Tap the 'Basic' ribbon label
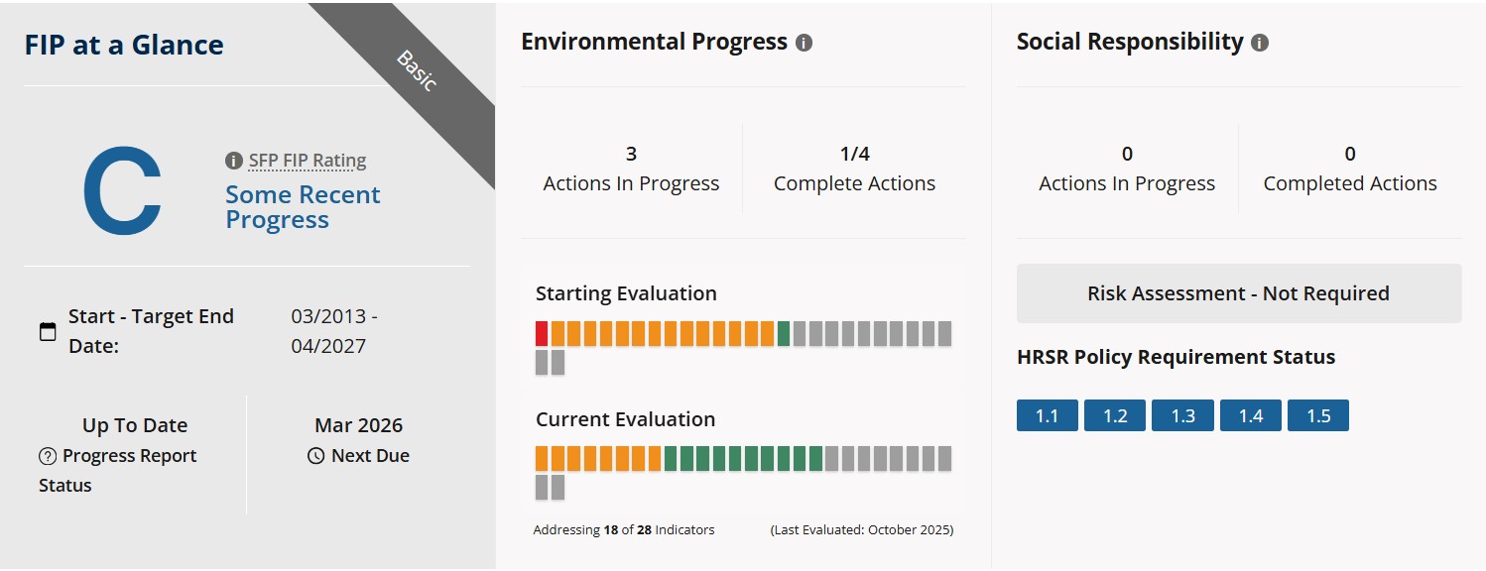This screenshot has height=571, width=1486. [417, 71]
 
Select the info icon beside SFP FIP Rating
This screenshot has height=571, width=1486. [233, 161]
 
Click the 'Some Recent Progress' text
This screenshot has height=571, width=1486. [303, 207]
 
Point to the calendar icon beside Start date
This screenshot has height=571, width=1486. [48, 331]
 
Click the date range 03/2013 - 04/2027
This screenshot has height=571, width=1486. [333, 331]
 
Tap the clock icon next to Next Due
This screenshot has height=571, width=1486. [315, 456]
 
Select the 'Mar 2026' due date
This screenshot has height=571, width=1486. [358, 425]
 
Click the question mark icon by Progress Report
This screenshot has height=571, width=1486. [48, 456]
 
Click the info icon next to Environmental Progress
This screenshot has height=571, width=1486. [805, 43]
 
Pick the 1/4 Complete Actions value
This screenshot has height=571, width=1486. [854, 154]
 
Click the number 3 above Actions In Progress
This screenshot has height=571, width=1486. [631, 154]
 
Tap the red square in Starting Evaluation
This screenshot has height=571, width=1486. [542, 334]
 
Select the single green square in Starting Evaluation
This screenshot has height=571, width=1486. [784, 334]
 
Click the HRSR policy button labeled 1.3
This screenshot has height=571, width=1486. [1182, 415]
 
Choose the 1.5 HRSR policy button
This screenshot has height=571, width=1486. [1318, 415]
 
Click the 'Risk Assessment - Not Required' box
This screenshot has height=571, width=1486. [1239, 293]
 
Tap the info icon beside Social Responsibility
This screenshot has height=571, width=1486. [1260, 43]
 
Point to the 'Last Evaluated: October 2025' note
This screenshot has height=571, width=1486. [862, 530]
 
